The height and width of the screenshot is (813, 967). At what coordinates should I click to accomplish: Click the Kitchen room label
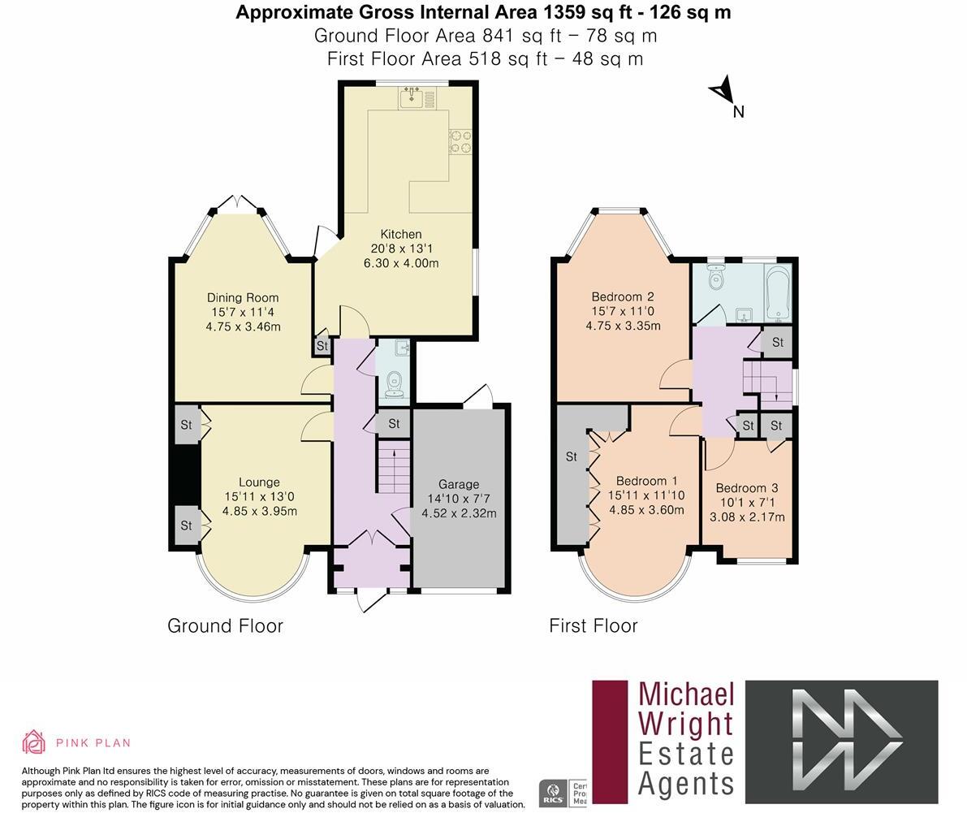pos(400,234)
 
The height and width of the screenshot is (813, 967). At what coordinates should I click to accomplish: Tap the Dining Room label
pos(242,297)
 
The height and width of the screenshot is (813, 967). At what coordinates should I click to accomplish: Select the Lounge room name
pos(259,482)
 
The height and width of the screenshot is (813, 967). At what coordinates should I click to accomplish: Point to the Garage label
pos(459,484)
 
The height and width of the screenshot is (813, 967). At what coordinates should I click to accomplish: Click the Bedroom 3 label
pos(746,487)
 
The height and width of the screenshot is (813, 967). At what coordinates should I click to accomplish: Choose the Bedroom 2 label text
pos(622,296)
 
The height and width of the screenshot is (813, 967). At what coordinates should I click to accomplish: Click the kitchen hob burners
pos(460,141)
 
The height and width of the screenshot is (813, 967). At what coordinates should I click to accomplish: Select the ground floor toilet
pos(395,381)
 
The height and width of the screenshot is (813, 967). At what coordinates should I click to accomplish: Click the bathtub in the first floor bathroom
pos(779,293)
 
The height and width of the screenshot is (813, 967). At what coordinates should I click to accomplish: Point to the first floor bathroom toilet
pos(715,279)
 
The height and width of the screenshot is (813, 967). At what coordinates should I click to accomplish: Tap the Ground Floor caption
pos(225,625)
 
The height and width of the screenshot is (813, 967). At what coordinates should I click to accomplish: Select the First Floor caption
pos(593,625)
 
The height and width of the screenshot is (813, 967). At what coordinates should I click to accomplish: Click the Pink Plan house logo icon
pos(34,742)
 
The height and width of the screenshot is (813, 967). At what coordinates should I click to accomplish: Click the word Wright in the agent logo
pos(686,723)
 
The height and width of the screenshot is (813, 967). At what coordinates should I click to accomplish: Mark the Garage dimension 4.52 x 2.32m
pos(459,513)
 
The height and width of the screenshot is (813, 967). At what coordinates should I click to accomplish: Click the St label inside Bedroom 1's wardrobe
pos(571,456)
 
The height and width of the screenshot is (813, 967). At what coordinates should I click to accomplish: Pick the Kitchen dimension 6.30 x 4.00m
pos(400,263)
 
